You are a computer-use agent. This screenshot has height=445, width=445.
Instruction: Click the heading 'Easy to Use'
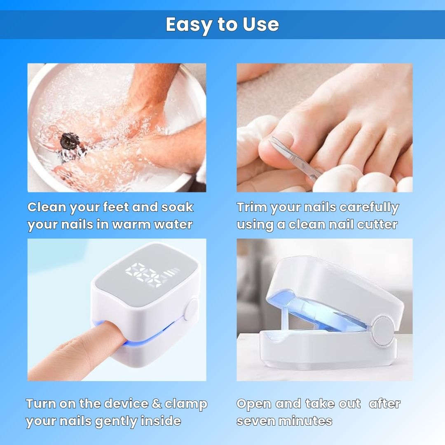(x=222, y=25)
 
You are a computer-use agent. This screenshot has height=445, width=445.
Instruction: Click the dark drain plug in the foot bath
(x=69, y=140)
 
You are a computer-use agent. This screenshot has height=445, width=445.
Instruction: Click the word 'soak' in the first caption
(x=177, y=207)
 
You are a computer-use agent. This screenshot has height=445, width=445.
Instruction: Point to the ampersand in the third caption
(x=157, y=403)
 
